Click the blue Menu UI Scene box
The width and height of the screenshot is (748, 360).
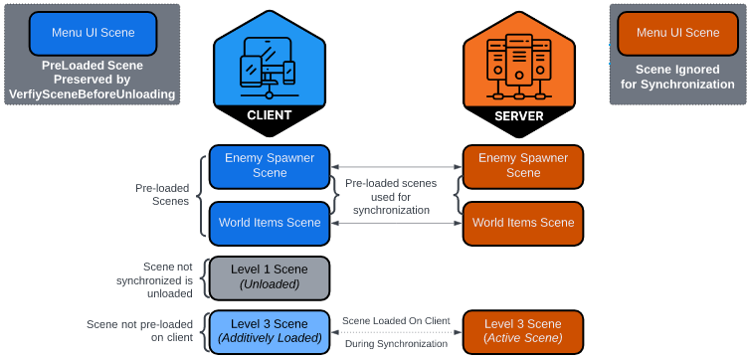(x=93, y=34)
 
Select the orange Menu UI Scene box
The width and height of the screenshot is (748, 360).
(x=678, y=34)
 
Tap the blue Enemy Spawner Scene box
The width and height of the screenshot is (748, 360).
(x=270, y=167)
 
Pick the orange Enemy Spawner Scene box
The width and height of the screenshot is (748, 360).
(x=523, y=167)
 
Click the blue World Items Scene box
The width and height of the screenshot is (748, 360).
(x=270, y=224)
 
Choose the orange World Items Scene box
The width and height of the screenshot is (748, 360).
(x=523, y=224)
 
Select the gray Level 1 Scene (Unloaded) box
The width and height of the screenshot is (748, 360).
(x=270, y=278)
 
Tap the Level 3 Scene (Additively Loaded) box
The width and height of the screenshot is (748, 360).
(x=270, y=332)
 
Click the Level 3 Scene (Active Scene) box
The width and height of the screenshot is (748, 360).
(x=523, y=332)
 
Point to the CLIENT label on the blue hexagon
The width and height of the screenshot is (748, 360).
(x=269, y=115)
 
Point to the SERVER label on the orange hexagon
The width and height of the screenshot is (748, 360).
(x=519, y=116)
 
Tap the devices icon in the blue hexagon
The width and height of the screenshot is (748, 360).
(x=269, y=68)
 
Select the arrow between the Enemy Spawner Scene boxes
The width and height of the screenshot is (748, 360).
(x=396, y=167)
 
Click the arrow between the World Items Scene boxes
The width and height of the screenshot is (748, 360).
(x=396, y=223)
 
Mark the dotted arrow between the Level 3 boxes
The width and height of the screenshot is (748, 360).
(x=396, y=332)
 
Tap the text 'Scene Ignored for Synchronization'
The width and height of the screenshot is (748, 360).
(x=677, y=77)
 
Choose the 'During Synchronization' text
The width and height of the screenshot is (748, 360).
(x=396, y=343)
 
